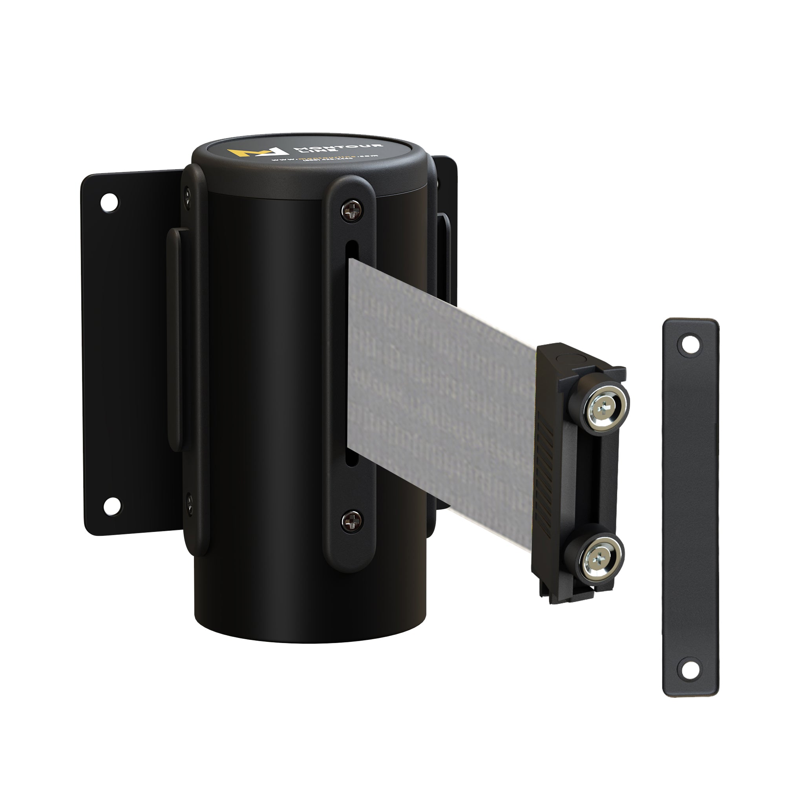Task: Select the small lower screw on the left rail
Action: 188,504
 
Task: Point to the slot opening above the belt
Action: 352,250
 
